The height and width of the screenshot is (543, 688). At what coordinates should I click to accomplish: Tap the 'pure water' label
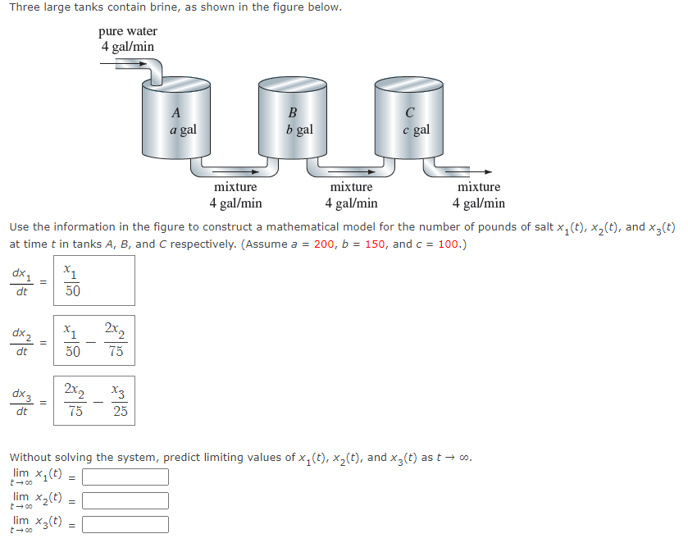click(x=128, y=32)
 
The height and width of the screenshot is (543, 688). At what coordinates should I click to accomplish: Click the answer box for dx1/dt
click(x=94, y=281)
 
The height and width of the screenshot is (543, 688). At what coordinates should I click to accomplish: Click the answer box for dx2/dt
click(x=94, y=340)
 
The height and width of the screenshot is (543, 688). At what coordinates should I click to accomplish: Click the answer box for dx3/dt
click(x=94, y=400)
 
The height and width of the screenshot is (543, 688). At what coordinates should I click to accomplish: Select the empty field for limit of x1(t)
click(x=125, y=477)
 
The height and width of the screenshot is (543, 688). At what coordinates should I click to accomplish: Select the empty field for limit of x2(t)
click(x=125, y=500)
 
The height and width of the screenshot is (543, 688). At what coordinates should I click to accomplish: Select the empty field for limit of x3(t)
click(x=125, y=524)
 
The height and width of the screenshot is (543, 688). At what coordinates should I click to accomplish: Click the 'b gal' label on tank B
click(x=299, y=130)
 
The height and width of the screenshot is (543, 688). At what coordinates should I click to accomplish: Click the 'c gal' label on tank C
click(x=416, y=130)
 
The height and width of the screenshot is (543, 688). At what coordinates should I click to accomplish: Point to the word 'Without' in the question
click(x=31, y=457)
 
